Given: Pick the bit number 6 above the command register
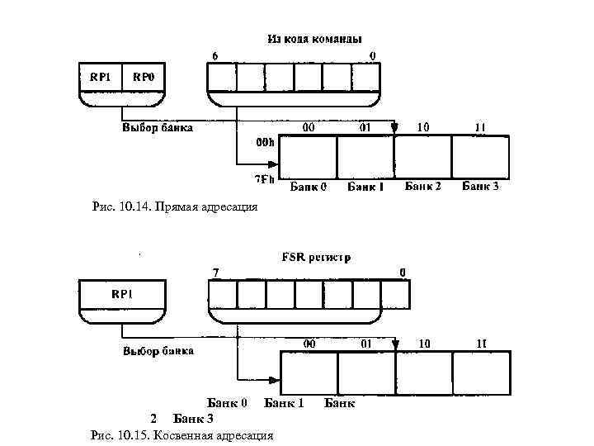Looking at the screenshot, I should click(x=216, y=56).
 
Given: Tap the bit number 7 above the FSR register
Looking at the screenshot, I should click(x=216, y=273).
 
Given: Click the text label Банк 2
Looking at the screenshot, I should click(x=423, y=187).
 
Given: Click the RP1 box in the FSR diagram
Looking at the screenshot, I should click(x=122, y=294).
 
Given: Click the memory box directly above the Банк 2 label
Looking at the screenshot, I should click(x=423, y=157).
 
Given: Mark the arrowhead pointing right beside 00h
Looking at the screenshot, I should click(x=275, y=161).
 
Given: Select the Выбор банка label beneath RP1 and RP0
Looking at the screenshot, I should click(x=158, y=128).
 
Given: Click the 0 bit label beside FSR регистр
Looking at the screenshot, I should click(x=402, y=273).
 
